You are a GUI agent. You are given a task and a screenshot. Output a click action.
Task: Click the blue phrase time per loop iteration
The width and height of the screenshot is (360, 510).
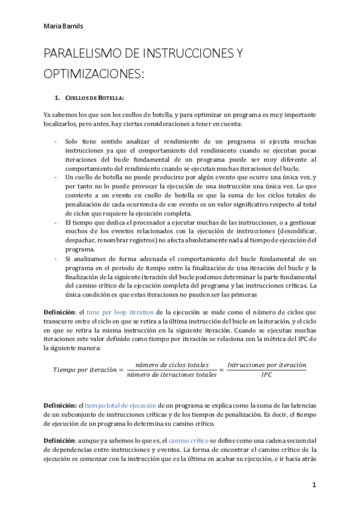[x=120, y=313]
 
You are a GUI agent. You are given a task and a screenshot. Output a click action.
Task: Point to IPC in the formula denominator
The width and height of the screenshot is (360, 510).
[x=266, y=375]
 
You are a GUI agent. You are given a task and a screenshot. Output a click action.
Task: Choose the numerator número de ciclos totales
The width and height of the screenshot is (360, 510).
[x=172, y=364]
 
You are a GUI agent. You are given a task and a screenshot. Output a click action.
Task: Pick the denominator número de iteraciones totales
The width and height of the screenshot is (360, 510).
[x=172, y=375]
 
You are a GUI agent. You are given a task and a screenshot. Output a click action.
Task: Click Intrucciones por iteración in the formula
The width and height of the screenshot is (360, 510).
[x=266, y=364]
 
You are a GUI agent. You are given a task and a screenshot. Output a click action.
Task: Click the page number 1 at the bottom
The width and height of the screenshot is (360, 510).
[x=314, y=485]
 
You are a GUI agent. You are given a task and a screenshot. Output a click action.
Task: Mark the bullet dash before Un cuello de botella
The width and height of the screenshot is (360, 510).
[x=55, y=178]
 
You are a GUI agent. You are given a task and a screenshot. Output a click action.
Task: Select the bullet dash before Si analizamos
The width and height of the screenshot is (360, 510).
[x=55, y=259]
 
